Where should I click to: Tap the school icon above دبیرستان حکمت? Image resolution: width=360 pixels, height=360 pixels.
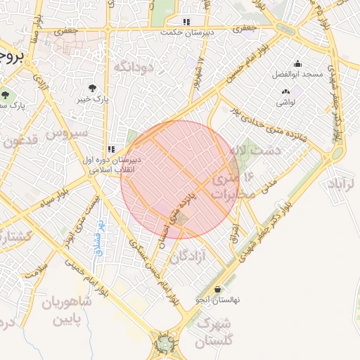pyautogui.click(x=186, y=22)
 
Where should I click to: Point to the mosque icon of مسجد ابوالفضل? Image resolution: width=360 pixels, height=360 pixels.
pyautogui.click(x=297, y=63)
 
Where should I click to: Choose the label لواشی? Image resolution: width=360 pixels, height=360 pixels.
pyautogui.click(x=285, y=103)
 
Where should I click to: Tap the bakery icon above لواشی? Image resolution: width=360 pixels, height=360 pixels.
pyautogui.click(x=285, y=92)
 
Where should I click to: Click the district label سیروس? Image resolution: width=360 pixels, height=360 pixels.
pyautogui.click(x=67, y=131)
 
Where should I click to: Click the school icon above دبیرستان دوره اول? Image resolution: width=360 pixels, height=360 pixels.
pyautogui.click(x=111, y=149)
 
